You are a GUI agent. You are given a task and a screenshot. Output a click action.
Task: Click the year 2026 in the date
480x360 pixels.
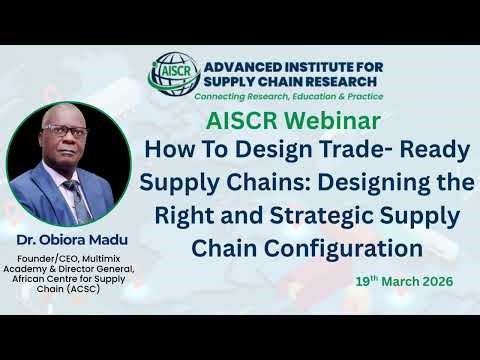point(431,282)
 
